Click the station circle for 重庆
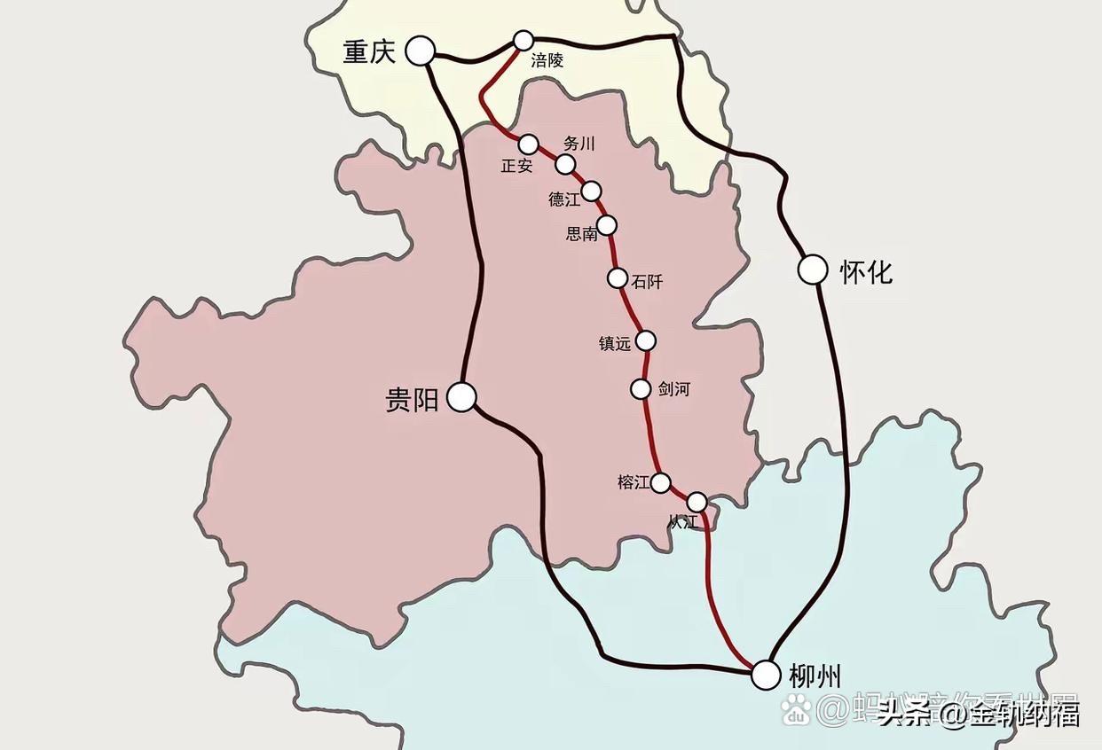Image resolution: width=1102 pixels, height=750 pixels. tap(421, 51)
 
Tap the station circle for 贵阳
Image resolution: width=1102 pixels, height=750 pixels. tap(461, 396)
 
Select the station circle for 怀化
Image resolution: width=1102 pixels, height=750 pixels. tap(813, 270)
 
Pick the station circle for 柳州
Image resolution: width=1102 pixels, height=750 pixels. tap(766, 675)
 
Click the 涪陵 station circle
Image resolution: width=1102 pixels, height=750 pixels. tap(523, 40)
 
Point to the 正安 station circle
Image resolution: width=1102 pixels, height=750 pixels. tap(528, 144)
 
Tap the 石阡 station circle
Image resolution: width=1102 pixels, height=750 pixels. tap(618, 278)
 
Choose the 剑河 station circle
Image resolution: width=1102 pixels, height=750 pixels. tap(641, 388)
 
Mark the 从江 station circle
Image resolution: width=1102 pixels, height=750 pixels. tap(697, 502)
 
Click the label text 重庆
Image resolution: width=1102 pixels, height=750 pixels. tap(369, 52)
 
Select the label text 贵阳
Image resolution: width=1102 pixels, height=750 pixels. tap(412, 400)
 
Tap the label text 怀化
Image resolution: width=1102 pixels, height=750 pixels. tap(866, 271)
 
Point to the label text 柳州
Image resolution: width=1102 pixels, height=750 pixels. tap(815, 676)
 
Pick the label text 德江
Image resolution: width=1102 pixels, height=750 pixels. tap(563, 199)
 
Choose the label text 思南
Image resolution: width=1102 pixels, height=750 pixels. tap(581, 234)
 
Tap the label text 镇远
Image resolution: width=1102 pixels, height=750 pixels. tap(615, 343)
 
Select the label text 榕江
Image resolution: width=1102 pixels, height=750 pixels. tap(634, 483)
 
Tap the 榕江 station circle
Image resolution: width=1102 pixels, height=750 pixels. tap(661, 483)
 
